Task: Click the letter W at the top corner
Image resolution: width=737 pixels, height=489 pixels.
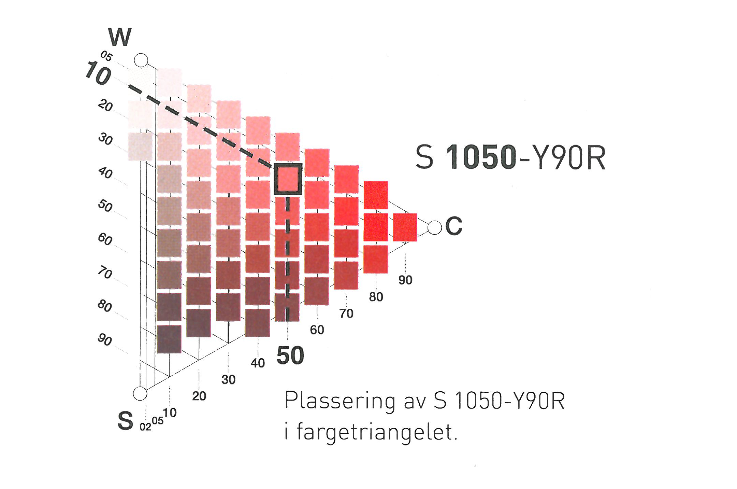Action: tap(120, 37)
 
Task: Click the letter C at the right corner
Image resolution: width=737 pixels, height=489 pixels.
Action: tap(454, 226)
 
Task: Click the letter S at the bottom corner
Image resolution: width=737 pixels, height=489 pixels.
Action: tap(125, 421)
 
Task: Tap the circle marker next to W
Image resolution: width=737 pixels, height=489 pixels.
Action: tap(141, 60)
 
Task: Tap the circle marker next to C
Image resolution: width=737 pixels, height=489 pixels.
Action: tap(434, 227)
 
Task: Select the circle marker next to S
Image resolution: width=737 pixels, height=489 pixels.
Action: tap(140, 393)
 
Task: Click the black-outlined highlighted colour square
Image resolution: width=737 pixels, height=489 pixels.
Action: tap(288, 179)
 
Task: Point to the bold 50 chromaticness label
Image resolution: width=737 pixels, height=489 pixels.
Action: tap(290, 355)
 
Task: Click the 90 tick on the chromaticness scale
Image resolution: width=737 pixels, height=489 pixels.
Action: tap(405, 280)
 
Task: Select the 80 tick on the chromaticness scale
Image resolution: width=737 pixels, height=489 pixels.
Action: tap(376, 297)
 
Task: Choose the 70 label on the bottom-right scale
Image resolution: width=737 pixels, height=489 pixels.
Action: tap(346, 313)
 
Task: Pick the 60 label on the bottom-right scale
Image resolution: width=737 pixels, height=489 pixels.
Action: tap(317, 330)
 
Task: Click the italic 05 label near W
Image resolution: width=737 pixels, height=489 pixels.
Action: tap(106, 56)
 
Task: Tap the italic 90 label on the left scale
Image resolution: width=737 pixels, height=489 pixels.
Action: tap(105, 339)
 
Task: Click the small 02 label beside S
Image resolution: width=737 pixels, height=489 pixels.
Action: tap(145, 427)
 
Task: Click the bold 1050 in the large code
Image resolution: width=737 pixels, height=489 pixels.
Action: tap(481, 157)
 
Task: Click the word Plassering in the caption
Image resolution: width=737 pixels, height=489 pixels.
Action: tap(340, 401)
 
